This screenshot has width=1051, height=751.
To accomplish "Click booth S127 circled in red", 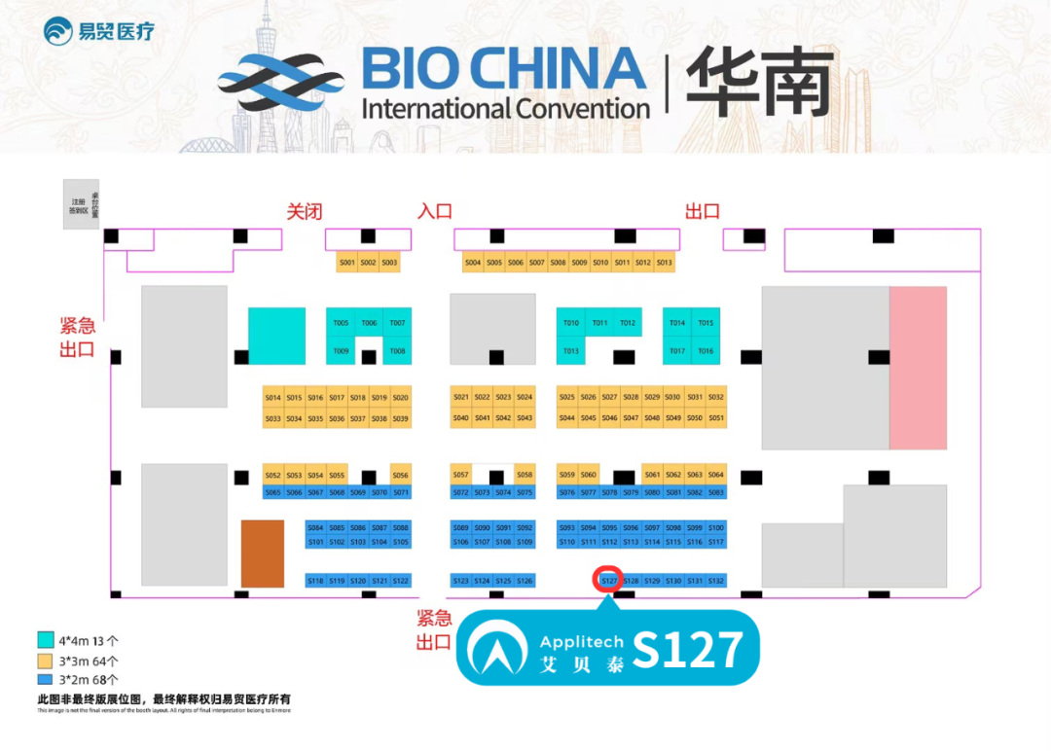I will pyautogui.click(x=609, y=580).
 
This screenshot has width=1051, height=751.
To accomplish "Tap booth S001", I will pyautogui.click(x=346, y=263).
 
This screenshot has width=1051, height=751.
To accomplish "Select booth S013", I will pyautogui.click(x=664, y=263).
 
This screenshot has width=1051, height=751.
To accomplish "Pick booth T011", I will pyautogui.click(x=599, y=323).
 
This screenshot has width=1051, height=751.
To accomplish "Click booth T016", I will pyautogui.click(x=706, y=351).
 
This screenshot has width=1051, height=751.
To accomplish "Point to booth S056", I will pyautogui.click(x=400, y=476).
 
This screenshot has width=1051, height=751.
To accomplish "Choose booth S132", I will pyautogui.click(x=716, y=581).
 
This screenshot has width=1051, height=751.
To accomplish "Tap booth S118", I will pyautogui.click(x=315, y=581).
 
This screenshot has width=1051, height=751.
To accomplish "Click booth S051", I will pyautogui.click(x=716, y=418).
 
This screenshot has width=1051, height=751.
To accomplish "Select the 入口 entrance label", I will pyautogui.click(x=435, y=211).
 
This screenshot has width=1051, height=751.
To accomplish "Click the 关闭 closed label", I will pyautogui.click(x=304, y=211).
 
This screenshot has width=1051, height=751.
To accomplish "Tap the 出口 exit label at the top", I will pyautogui.click(x=702, y=211).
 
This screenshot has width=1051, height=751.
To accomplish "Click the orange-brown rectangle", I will pyautogui.click(x=263, y=554).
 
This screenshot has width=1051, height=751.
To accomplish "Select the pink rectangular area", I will pyautogui.click(x=918, y=368).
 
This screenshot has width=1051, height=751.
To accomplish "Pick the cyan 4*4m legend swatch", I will pyautogui.click(x=45, y=640).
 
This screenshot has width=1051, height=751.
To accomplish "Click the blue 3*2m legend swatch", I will pyautogui.click(x=45, y=678).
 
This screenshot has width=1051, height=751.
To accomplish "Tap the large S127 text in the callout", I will pyautogui.click(x=688, y=649).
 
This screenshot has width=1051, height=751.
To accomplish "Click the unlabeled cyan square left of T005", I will pyautogui.click(x=276, y=336).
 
